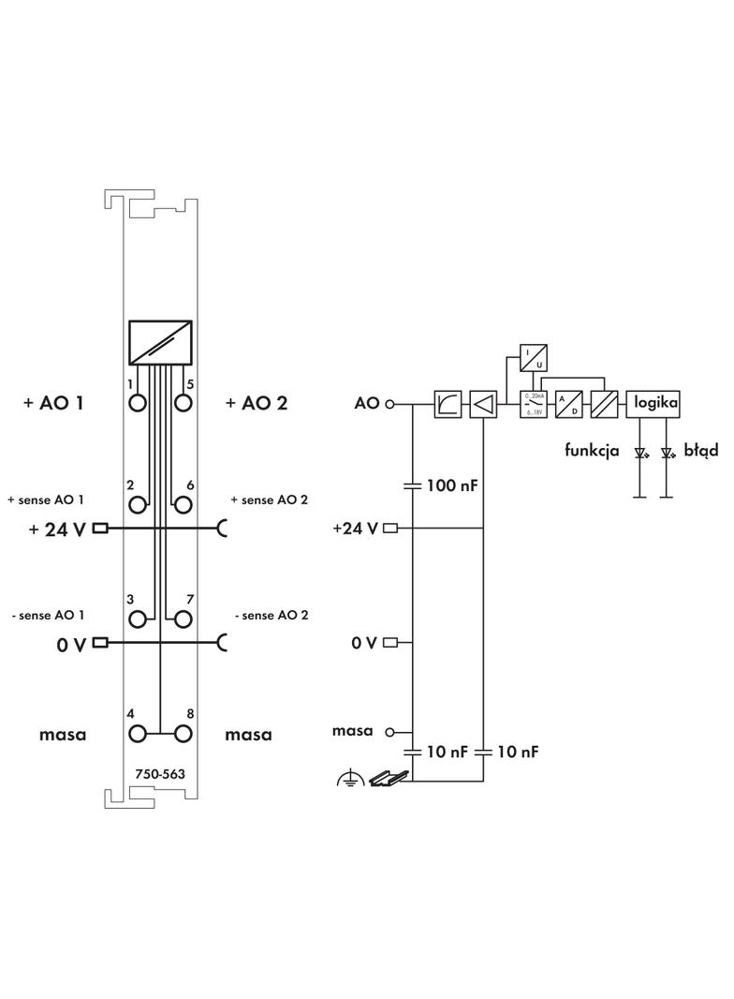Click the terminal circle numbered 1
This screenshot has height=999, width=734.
click(x=139, y=403)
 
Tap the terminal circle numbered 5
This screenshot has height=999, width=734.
click(x=183, y=403)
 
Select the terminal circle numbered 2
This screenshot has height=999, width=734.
click(x=139, y=505)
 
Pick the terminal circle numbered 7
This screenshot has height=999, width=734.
click(x=183, y=619)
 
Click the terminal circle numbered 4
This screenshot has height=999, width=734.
click(x=139, y=734)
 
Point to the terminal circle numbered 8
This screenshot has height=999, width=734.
click(x=183, y=734)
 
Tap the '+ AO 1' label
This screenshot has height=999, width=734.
click(x=53, y=403)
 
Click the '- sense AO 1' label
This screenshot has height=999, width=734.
click(x=48, y=616)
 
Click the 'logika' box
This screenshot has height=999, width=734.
click(x=653, y=403)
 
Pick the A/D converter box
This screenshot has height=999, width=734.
click(x=569, y=404)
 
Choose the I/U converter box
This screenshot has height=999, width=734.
click(x=535, y=357)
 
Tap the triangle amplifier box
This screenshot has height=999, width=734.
click(x=483, y=404)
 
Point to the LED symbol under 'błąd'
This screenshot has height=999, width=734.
click(x=667, y=453)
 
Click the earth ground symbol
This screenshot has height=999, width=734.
click(x=351, y=778)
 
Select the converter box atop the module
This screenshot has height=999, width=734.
click(x=160, y=343)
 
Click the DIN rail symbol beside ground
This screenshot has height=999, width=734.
click(x=389, y=778)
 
